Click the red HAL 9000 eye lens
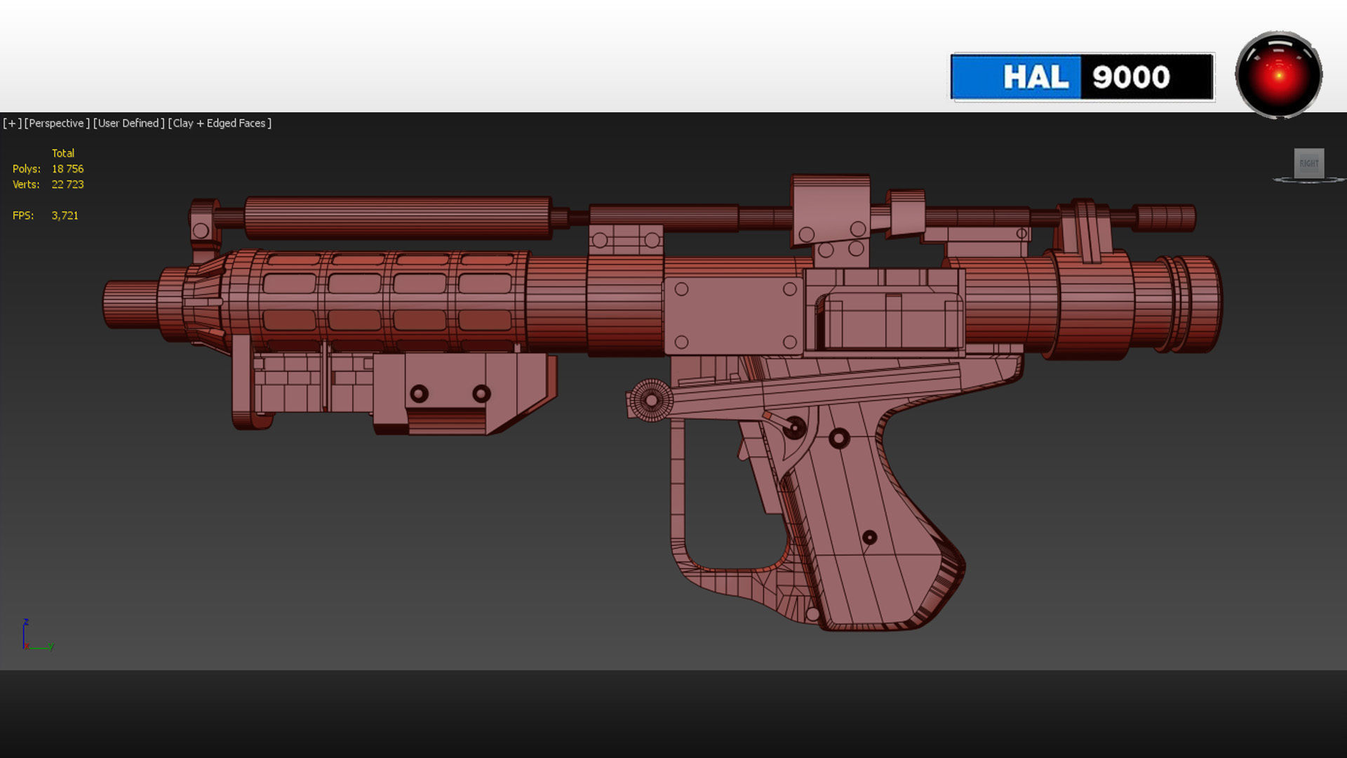point(1278,74)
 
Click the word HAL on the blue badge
point(1036,77)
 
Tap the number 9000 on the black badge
point(1131,77)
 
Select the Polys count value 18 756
point(67,169)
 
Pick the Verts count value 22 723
point(67,185)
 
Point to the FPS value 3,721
point(65,215)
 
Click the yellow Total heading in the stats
point(62,153)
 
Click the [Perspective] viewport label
point(57,124)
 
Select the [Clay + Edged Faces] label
point(220,124)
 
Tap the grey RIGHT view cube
point(1308,164)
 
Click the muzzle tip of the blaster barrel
point(112,304)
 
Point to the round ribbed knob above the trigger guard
point(651,400)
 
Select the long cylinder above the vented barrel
point(397,218)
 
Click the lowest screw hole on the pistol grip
point(869,538)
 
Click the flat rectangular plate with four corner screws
point(734,315)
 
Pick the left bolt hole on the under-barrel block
point(419,394)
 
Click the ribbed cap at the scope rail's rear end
point(1166,218)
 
